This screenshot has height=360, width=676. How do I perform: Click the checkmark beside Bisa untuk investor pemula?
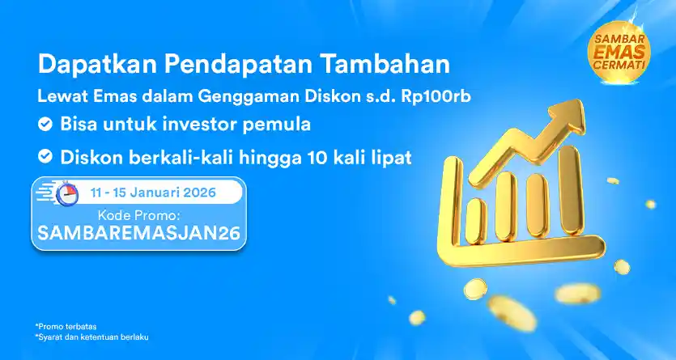[x=45, y=125]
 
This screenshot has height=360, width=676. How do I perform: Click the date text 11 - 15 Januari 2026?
[x=153, y=193]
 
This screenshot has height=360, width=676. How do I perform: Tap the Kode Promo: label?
[x=138, y=214]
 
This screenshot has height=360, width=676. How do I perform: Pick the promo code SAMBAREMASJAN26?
[x=138, y=233]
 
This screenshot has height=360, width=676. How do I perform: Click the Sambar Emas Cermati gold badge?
[x=619, y=52]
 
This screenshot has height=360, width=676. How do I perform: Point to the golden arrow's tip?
[x=583, y=102]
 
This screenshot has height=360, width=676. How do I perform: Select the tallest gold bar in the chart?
[x=571, y=190]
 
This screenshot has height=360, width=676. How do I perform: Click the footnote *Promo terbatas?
[x=66, y=326]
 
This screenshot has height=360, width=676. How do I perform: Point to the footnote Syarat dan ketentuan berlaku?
[x=91, y=337]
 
